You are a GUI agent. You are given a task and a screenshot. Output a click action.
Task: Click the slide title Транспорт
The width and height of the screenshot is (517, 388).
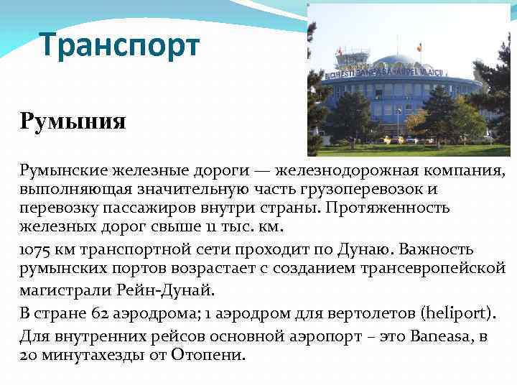click(x=119, y=45)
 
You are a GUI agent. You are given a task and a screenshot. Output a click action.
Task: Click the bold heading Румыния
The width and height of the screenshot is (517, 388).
click(x=73, y=120)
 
